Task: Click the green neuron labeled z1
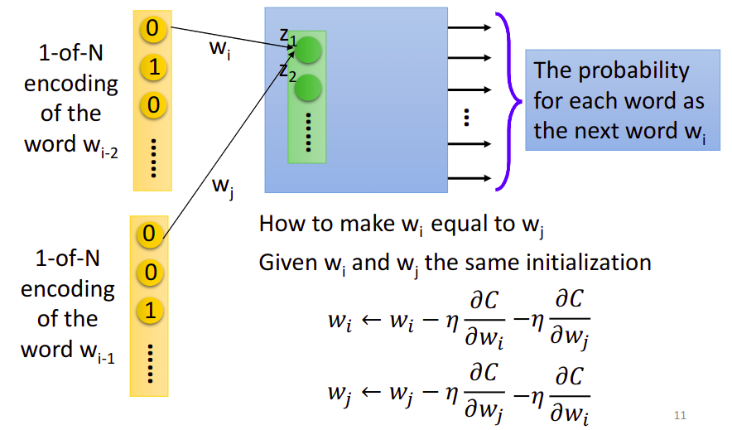(x=308, y=51)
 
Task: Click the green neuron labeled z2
(x=308, y=87)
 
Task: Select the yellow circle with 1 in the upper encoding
(x=152, y=67)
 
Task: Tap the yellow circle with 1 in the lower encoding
(x=150, y=312)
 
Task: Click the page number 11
(x=680, y=416)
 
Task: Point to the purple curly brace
(x=509, y=101)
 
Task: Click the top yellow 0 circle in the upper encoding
(x=152, y=29)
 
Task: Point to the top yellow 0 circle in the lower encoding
(x=150, y=234)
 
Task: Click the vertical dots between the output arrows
(x=467, y=118)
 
